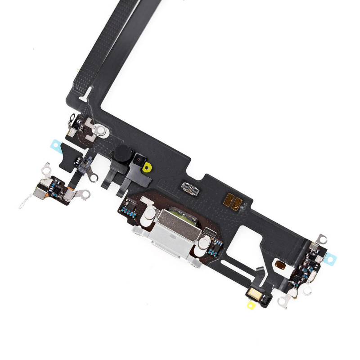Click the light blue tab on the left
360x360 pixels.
coord(56,145)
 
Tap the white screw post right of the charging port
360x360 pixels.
coord(203,244)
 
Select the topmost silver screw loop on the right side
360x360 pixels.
coord(320,238)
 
